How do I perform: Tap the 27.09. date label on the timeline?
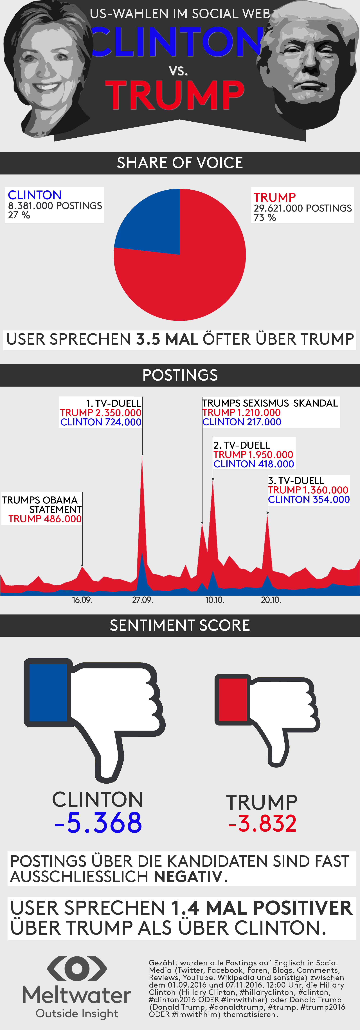[142, 600]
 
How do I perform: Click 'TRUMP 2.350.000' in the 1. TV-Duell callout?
[101, 413]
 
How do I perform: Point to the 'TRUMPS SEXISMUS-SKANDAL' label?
[270, 403]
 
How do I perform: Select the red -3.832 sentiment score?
[262, 824]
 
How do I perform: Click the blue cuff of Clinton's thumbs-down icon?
[48, 693]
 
